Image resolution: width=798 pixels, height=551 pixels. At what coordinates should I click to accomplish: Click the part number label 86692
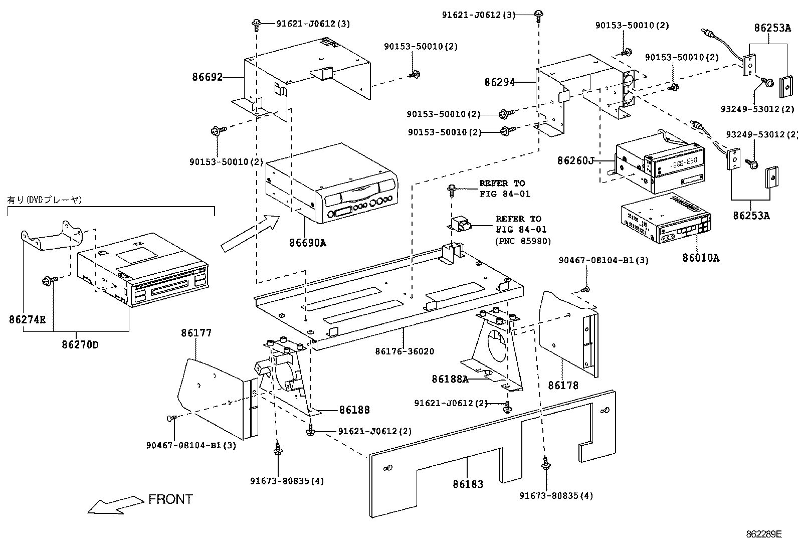point(207,77)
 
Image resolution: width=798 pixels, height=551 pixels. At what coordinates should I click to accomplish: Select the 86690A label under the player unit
point(307,243)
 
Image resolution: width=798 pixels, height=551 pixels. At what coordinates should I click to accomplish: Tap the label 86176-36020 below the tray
point(405,351)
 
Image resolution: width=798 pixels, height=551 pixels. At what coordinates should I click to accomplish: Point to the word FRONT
point(170,499)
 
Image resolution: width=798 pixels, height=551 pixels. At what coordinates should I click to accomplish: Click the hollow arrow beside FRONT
point(115,504)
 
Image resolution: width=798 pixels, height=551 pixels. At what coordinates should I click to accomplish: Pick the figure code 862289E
point(763,534)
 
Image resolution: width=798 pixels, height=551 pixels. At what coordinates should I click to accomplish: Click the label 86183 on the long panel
point(468,484)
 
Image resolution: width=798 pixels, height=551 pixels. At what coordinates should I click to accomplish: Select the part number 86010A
point(700,258)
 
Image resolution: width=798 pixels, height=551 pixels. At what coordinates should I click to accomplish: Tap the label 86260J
point(575,160)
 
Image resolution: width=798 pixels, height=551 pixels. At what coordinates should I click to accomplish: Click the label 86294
point(499,82)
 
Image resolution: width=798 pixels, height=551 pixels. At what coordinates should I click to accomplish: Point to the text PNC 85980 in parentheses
point(523,241)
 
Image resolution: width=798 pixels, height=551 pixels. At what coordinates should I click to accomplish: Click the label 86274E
point(28,319)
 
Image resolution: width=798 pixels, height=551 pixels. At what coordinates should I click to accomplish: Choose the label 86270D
point(80,345)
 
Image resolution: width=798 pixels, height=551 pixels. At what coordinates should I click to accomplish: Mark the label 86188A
point(450,379)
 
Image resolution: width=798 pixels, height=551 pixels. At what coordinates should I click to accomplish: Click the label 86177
point(196,333)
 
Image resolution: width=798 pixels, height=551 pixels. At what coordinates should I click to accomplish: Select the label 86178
point(563,385)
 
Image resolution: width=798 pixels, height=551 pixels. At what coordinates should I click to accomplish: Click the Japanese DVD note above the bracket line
point(44,200)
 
